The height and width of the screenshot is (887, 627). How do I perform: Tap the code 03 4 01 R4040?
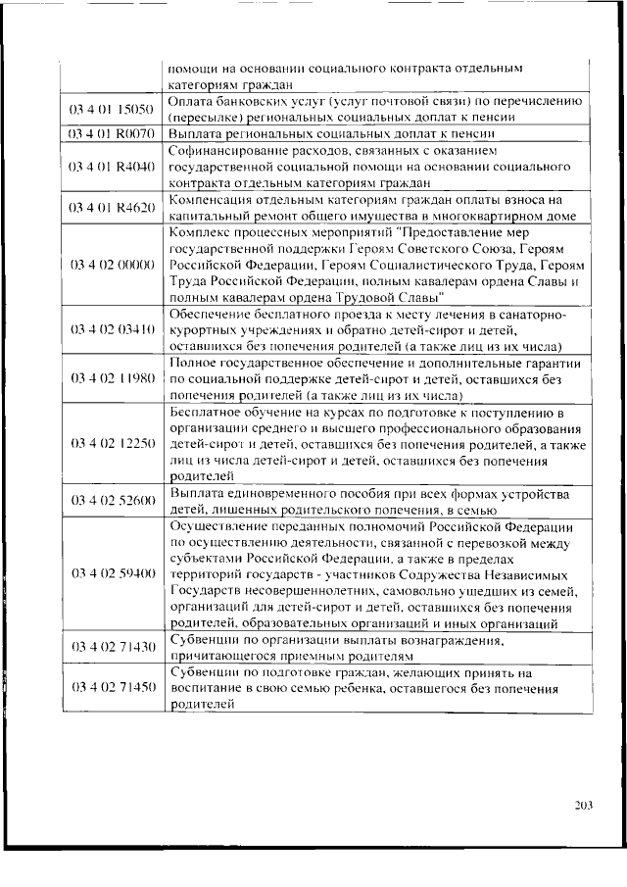pos(112,167)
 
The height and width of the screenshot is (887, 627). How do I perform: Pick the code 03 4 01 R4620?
pos(112,209)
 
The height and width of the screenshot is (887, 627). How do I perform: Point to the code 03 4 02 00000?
pos(112,265)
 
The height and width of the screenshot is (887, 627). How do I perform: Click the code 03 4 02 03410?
pos(112,329)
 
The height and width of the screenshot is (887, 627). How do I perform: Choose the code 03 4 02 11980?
pos(112,378)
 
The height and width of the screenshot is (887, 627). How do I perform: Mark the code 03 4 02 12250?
pos(112,443)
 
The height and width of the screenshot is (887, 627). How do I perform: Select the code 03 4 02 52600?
pos(112,501)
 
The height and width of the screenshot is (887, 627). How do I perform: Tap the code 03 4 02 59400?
pos(112,573)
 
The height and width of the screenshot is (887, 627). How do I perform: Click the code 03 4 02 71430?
pos(112,647)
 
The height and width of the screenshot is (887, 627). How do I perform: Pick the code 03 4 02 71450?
pos(112,688)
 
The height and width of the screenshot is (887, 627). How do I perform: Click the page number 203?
pos(584,806)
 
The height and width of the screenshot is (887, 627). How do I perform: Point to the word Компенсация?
pos(211,201)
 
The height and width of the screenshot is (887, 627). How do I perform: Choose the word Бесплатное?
pos(205,412)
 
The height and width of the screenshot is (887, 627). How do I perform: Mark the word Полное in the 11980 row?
pos(193,363)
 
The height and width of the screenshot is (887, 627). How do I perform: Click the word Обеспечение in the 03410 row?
pos(210,314)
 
